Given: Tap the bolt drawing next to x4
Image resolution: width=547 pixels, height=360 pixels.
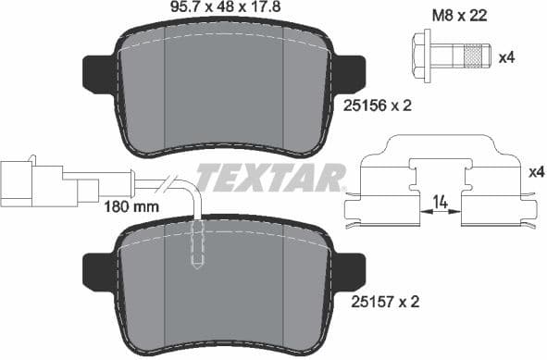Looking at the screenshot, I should [450, 56].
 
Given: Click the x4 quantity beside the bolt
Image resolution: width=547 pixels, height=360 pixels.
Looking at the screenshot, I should [506, 58].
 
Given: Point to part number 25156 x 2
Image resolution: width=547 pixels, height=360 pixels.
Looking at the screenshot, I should [374, 106].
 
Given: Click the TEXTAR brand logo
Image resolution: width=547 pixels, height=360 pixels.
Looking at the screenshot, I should [270, 175].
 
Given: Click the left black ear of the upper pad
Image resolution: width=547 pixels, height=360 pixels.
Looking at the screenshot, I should [99, 72].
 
